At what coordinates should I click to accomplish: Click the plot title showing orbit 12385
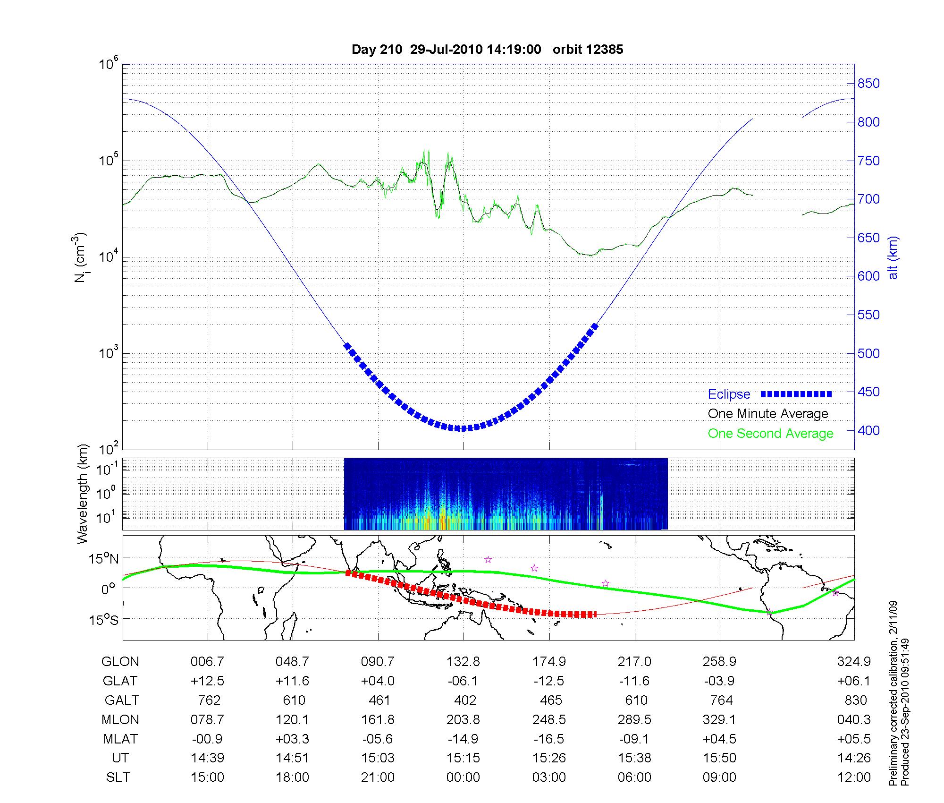[487, 50]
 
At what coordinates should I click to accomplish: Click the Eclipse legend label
[729, 394]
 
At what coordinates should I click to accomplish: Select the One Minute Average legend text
[768, 414]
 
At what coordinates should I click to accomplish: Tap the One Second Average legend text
[770, 434]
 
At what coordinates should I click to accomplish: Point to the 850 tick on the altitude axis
[868, 84]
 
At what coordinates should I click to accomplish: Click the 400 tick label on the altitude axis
[868, 430]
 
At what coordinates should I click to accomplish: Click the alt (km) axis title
[893, 257]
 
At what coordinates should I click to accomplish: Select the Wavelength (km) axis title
[83, 494]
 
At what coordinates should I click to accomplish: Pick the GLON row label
[120, 662]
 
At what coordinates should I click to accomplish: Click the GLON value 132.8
[463, 662]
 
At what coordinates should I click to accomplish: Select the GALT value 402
[463, 700]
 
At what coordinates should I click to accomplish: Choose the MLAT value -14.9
[463, 739]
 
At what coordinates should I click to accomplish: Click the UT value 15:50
[719, 758]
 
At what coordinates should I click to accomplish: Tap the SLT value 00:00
[463, 777]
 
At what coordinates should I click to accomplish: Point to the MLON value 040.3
[854, 719]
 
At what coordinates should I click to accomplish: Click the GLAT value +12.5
[207, 681]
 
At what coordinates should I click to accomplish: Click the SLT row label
[118, 777]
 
